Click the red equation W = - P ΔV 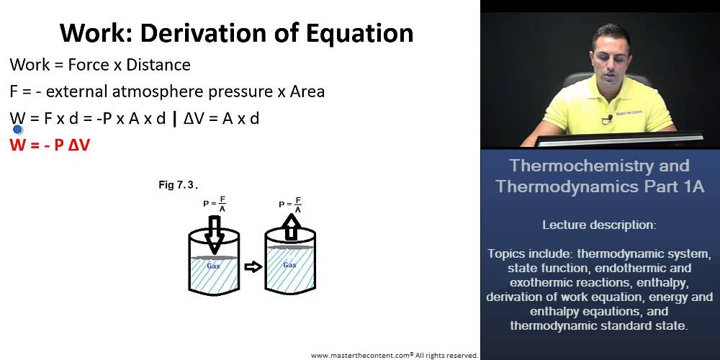coord(50,144)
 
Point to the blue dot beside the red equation coord(18,130)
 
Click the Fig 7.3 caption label coord(178,186)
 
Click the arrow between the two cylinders coord(253,267)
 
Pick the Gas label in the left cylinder coord(214,265)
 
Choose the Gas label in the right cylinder coord(289,264)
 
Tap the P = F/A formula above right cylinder coord(290,204)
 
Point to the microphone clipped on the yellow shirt coord(609,117)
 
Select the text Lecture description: coord(599,225)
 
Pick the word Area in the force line coord(305,91)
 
